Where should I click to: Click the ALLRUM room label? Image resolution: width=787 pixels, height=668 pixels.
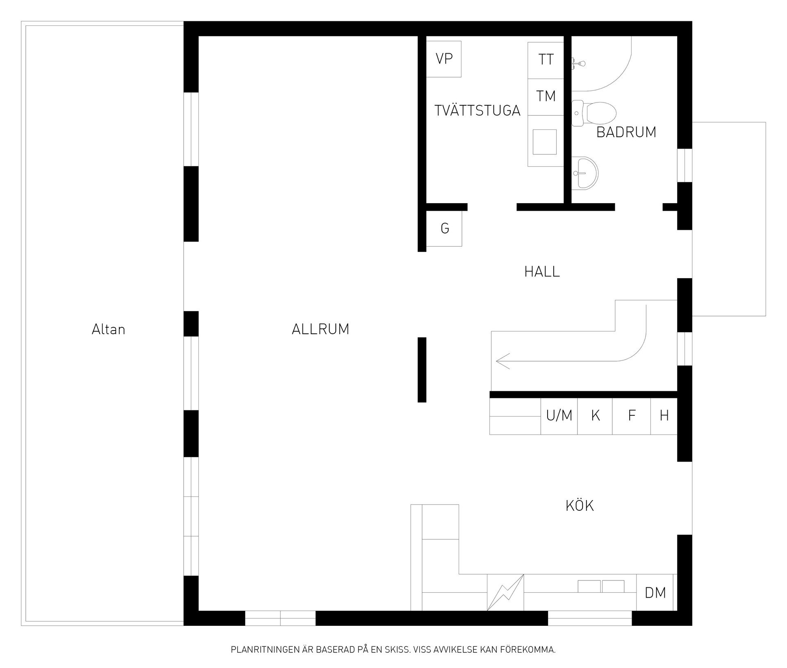click(x=320, y=329)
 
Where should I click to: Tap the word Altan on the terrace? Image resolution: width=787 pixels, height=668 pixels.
click(x=108, y=329)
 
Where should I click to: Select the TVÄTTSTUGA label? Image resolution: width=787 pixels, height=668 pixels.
click(x=477, y=111)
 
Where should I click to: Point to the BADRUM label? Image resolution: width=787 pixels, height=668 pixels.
click(x=626, y=132)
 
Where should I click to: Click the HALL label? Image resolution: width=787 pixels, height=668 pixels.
click(x=542, y=272)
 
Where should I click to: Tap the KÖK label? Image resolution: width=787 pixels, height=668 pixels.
click(x=580, y=506)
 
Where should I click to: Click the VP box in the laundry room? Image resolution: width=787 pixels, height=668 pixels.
click(x=444, y=59)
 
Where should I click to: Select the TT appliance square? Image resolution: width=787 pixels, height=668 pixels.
click(x=546, y=60)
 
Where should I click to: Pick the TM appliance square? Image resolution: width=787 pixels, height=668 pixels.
click(x=546, y=97)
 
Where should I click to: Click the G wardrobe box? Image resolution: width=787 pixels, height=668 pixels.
click(x=444, y=229)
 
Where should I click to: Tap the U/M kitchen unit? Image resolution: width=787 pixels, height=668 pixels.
click(x=559, y=416)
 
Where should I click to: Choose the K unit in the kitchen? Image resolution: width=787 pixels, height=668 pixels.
click(x=595, y=416)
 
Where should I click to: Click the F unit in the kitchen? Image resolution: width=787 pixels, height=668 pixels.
click(x=632, y=416)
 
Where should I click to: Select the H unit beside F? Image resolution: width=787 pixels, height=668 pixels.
click(x=664, y=416)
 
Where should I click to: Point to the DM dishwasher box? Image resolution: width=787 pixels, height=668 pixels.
click(x=655, y=593)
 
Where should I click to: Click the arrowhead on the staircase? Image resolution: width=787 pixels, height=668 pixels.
click(x=503, y=361)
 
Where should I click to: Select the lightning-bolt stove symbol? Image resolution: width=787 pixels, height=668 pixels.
click(x=505, y=593)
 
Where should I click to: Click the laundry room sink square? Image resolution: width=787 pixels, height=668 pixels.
click(x=545, y=142)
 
